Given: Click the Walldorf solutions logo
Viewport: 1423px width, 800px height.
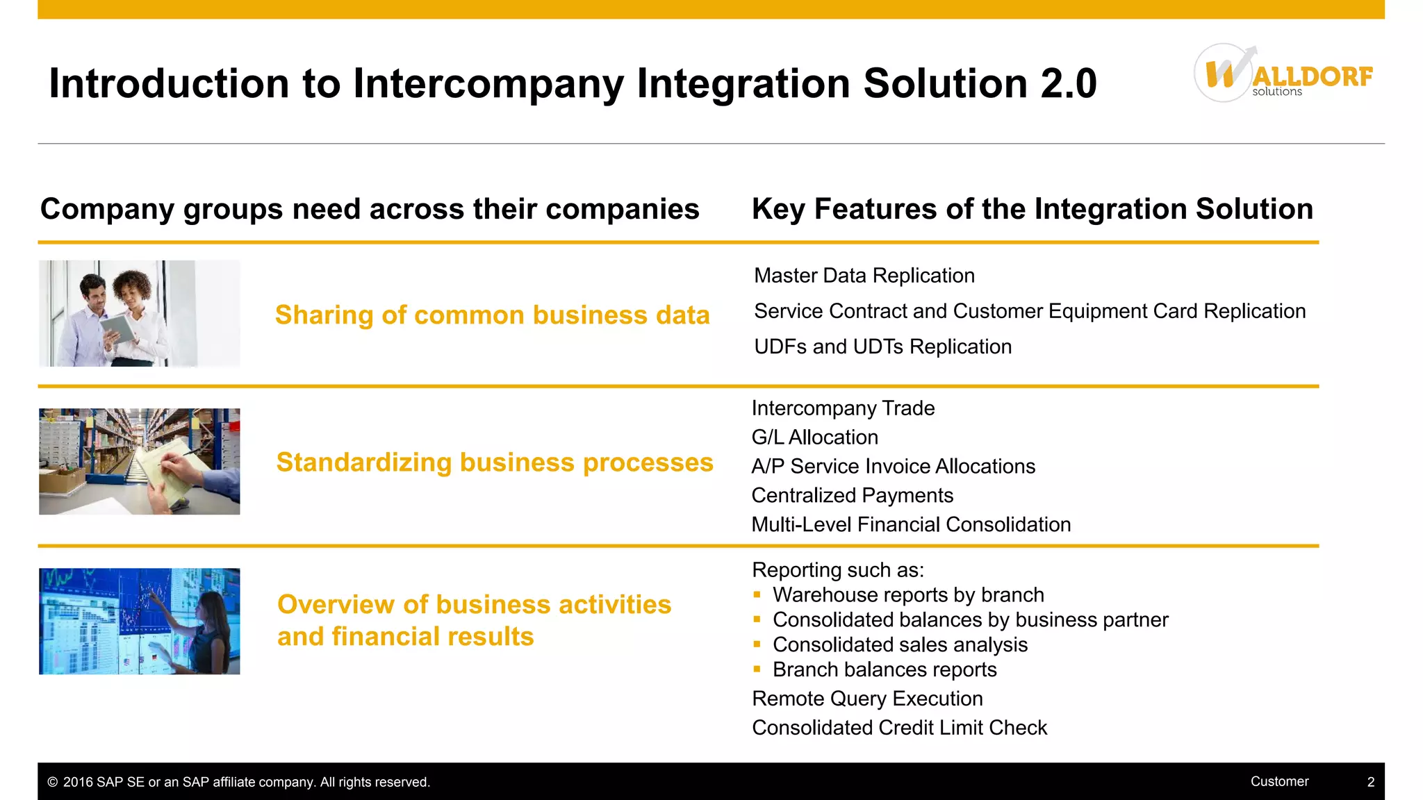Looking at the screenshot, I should click(x=1282, y=74).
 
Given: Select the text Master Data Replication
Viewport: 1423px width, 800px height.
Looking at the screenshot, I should click(x=864, y=276).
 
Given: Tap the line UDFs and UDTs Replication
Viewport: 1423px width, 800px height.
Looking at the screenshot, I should click(x=882, y=347).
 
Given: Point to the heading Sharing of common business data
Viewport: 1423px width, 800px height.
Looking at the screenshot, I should click(x=492, y=315).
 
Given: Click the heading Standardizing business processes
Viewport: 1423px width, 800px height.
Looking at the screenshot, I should click(x=494, y=462).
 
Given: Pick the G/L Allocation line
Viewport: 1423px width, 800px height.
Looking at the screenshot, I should click(x=814, y=437).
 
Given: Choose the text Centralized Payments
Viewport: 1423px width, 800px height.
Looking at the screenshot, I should click(x=852, y=496).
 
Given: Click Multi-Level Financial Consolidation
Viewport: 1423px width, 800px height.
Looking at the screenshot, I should click(x=910, y=525).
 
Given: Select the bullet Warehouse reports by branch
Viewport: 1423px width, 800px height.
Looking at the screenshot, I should click(x=907, y=595).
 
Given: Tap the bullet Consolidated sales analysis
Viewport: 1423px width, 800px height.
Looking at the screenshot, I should click(x=899, y=645).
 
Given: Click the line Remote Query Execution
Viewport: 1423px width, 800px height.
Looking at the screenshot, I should click(x=867, y=699).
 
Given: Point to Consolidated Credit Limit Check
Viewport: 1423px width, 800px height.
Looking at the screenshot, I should click(x=899, y=728).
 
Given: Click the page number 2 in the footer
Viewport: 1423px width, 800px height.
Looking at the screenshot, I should click(x=1370, y=782).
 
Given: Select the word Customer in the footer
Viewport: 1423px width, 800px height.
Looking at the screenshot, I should click(x=1279, y=781).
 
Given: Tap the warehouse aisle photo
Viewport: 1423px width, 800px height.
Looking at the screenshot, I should click(x=139, y=461).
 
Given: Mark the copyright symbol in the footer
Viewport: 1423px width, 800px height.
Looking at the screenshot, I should click(x=52, y=782).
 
